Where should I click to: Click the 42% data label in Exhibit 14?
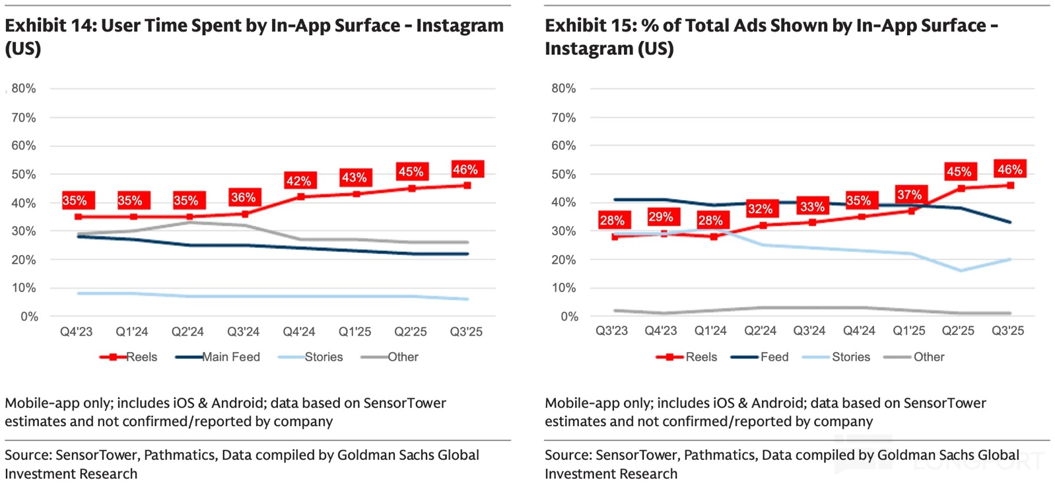click(298, 180)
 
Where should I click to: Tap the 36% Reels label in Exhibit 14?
click(243, 197)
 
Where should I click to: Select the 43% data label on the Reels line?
click(354, 177)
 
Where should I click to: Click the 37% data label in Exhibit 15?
click(909, 195)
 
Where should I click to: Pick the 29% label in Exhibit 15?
click(660, 217)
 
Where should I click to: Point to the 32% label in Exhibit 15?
click(760, 209)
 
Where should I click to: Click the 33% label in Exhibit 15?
click(812, 206)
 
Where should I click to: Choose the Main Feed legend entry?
click(230, 357)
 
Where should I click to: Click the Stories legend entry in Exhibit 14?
click(323, 357)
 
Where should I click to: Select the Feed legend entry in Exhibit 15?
click(774, 357)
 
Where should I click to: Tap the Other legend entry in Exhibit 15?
click(928, 357)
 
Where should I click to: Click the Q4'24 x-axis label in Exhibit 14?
click(299, 332)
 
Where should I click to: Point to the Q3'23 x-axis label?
click(611, 330)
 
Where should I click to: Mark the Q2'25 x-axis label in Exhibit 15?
click(958, 330)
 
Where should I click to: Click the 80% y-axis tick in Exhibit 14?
click(24, 89)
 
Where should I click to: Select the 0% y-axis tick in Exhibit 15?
click(569, 317)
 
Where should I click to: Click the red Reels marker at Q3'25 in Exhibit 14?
click(467, 186)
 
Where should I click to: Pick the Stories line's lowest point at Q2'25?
click(961, 270)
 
